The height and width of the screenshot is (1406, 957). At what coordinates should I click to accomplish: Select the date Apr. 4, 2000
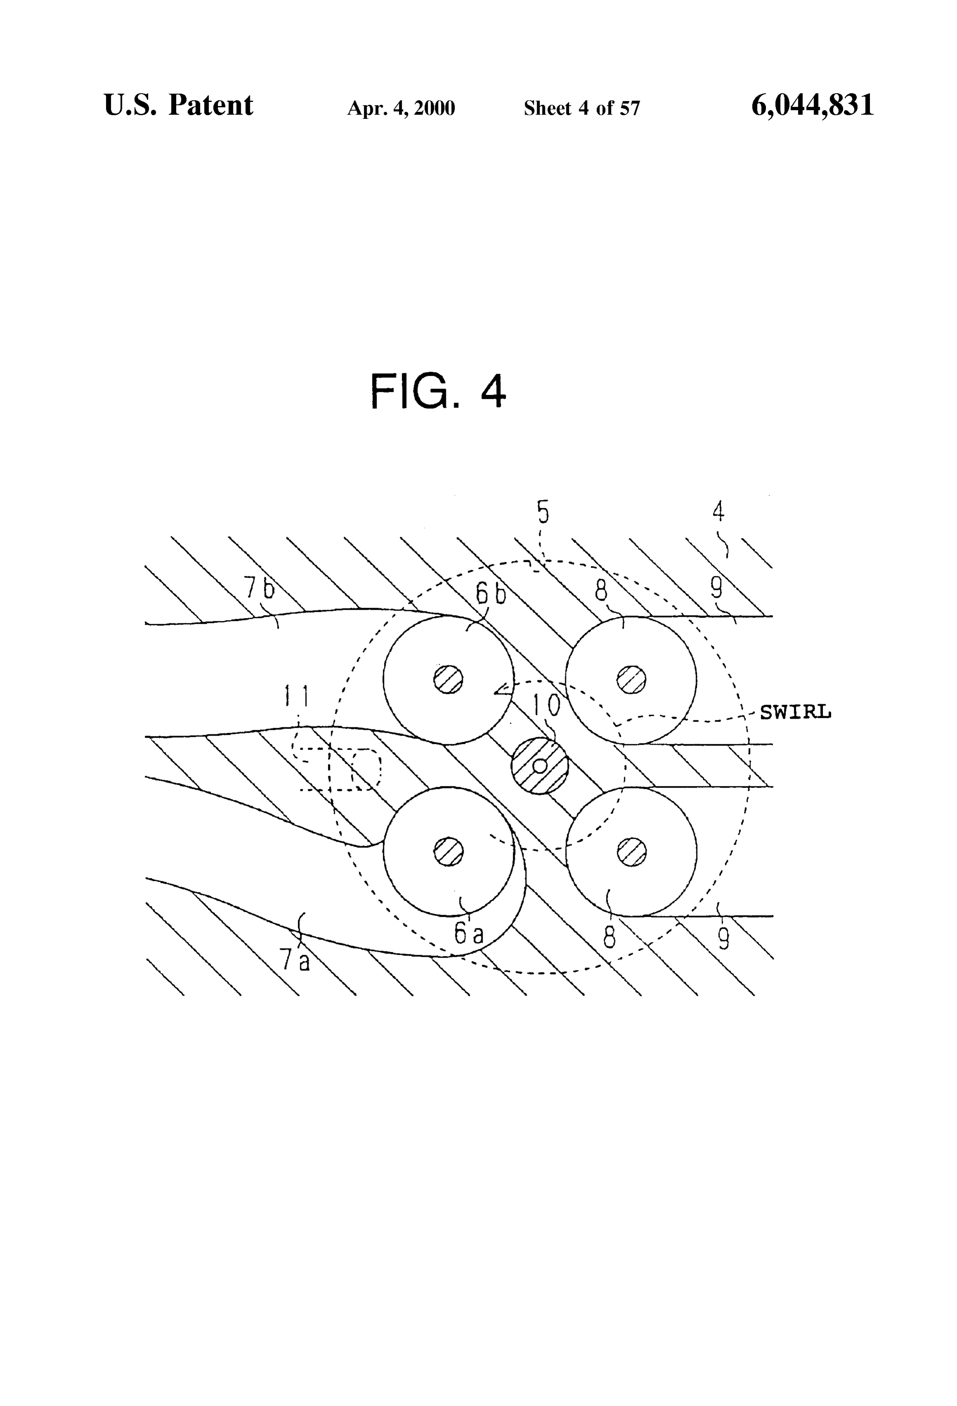(401, 108)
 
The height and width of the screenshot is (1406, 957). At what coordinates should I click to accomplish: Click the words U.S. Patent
(179, 105)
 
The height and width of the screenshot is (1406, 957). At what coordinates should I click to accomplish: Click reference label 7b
(259, 587)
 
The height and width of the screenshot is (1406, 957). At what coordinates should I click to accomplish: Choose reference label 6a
(469, 934)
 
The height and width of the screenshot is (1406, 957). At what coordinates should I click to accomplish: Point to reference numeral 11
(297, 697)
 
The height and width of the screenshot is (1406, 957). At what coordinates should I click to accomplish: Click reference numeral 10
(546, 705)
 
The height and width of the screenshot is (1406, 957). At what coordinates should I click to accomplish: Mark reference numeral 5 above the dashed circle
(543, 512)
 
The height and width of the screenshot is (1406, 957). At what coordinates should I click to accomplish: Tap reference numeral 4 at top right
(718, 512)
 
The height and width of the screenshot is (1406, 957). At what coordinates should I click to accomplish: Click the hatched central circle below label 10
(540, 766)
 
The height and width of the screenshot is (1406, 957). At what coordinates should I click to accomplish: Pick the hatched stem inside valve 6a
(449, 852)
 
